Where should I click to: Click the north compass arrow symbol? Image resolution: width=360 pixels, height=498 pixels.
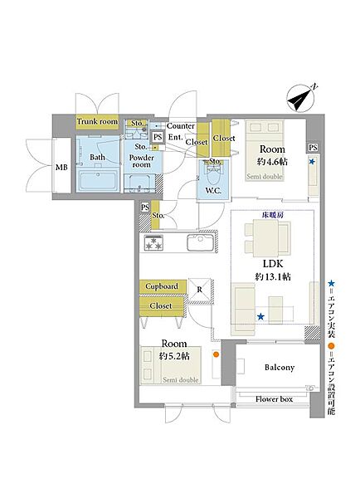tap(300, 98)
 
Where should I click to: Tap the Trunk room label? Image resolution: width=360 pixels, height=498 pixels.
tap(97, 122)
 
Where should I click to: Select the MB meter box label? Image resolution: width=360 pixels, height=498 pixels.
tap(61, 167)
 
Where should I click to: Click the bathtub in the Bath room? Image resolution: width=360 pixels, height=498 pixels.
tap(100, 181)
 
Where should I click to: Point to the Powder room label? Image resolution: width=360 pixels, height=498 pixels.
tap(142, 161)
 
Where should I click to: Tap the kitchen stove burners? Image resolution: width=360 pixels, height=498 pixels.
tap(153, 243)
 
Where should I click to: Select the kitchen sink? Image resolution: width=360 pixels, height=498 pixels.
tap(199, 242)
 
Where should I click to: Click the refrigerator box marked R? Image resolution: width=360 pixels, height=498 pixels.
tap(199, 290)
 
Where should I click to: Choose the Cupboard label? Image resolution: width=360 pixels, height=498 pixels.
tap(162, 286)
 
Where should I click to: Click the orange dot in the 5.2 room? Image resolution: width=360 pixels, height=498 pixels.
tap(216, 354)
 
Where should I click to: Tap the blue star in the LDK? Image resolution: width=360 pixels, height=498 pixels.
tap(260, 316)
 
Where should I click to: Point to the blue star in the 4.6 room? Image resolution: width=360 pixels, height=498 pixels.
tap(312, 162)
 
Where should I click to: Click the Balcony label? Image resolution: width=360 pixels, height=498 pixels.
tap(280, 368)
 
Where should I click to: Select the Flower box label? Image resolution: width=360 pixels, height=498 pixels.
tap(274, 399)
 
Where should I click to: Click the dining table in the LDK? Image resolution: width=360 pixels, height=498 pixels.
tap(265, 238)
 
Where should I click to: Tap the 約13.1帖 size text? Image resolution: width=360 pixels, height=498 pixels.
tap(273, 276)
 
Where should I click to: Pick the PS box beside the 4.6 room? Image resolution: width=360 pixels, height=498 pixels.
tap(313, 148)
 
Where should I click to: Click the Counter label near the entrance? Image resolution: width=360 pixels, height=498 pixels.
tap(181, 126)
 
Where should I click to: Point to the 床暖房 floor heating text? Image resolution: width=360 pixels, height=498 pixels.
tap(273, 215)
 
